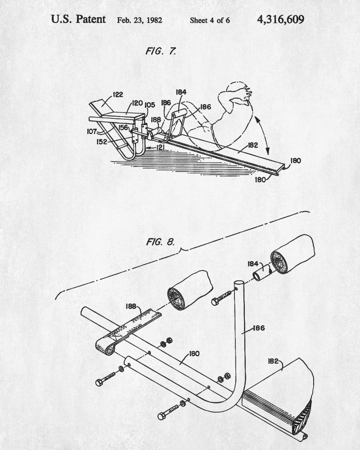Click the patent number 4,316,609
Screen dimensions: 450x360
pos(281,20)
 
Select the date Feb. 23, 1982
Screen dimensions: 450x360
pos(139,20)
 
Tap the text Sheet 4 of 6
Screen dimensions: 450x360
pos(210,20)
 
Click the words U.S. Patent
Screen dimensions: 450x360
pos(78,19)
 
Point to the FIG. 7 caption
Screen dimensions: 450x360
pos(161,51)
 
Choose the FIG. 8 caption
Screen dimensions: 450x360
pos(160,242)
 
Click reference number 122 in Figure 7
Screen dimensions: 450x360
pos(118,94)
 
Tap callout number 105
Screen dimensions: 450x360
pos(150,105)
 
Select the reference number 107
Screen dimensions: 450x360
pos(92,132)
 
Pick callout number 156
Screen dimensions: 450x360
pos(123,127)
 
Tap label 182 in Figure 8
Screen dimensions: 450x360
pos(273,361)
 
